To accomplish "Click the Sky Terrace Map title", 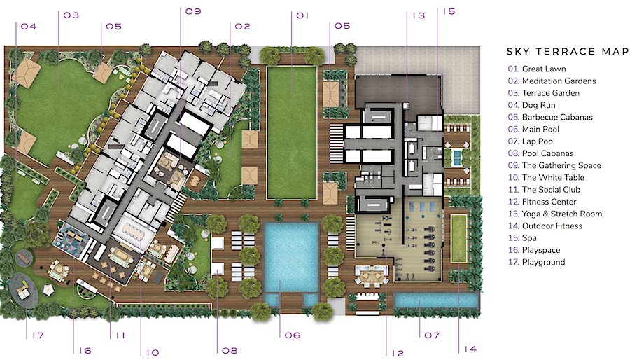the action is click(568, 51).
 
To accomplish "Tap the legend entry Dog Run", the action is click(531, 105).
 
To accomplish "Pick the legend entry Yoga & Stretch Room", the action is click(555, 214).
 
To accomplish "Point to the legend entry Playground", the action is click(536, 262).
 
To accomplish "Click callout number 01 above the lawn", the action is click(302, 15).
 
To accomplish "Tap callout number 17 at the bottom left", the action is click(38, 335).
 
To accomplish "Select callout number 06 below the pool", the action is click(292, 335).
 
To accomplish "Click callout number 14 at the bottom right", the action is click(470, 349).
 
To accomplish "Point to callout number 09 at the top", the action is click(193, 11).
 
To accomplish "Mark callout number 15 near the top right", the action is click(449, 11).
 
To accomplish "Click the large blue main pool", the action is click(291, 257).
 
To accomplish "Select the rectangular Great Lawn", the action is click(292, 132).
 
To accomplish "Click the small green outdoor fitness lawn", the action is click(458, 238).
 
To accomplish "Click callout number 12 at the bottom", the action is click(398, 353).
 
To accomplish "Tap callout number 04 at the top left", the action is click(29, 27).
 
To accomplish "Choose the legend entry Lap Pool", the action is click(531, 141).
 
